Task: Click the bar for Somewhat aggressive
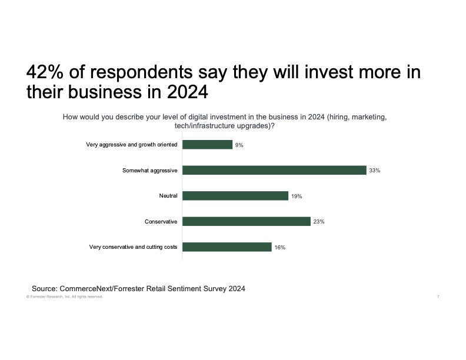[x=274, y=170]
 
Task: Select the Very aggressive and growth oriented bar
[x=207, y=144]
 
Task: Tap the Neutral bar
[x=235, y=196]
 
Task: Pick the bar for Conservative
[x=246, y=221]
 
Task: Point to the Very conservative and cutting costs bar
[x=227, y=247]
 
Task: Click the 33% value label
[x=375, y=171]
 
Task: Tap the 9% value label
[x=239, y=145]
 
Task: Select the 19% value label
[x=297, y=196]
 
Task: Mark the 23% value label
[x=319, y=222]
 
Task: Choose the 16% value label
[x=279, y=248]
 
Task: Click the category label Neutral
[x=168, y=196]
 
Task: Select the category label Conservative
[x=161, y=221]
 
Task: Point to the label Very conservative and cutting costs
[x=133, y=247]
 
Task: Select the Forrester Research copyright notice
[x=64, y=297]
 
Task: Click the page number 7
[x=438, y=297]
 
